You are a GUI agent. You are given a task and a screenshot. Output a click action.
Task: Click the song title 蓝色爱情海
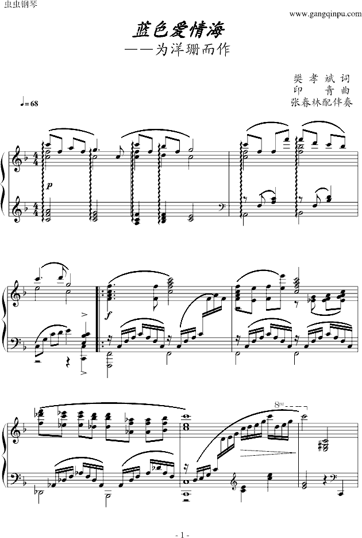coord(179,30)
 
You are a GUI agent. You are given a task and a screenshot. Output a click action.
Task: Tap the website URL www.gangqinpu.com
coord(325,14)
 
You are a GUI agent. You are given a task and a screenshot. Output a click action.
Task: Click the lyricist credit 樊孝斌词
coord(321,79)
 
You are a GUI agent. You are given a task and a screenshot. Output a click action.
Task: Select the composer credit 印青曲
coord(321,90)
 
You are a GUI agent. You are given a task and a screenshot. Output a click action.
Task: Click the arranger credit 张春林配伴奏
coord(321,102)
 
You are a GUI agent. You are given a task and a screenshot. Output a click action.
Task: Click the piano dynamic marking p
coord(49,186)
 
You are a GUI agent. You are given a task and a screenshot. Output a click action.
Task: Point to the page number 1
coord(182,534)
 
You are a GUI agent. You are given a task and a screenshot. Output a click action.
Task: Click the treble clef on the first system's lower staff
coord(14,209)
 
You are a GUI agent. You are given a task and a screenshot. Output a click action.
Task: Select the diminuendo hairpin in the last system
coord(268,453)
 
